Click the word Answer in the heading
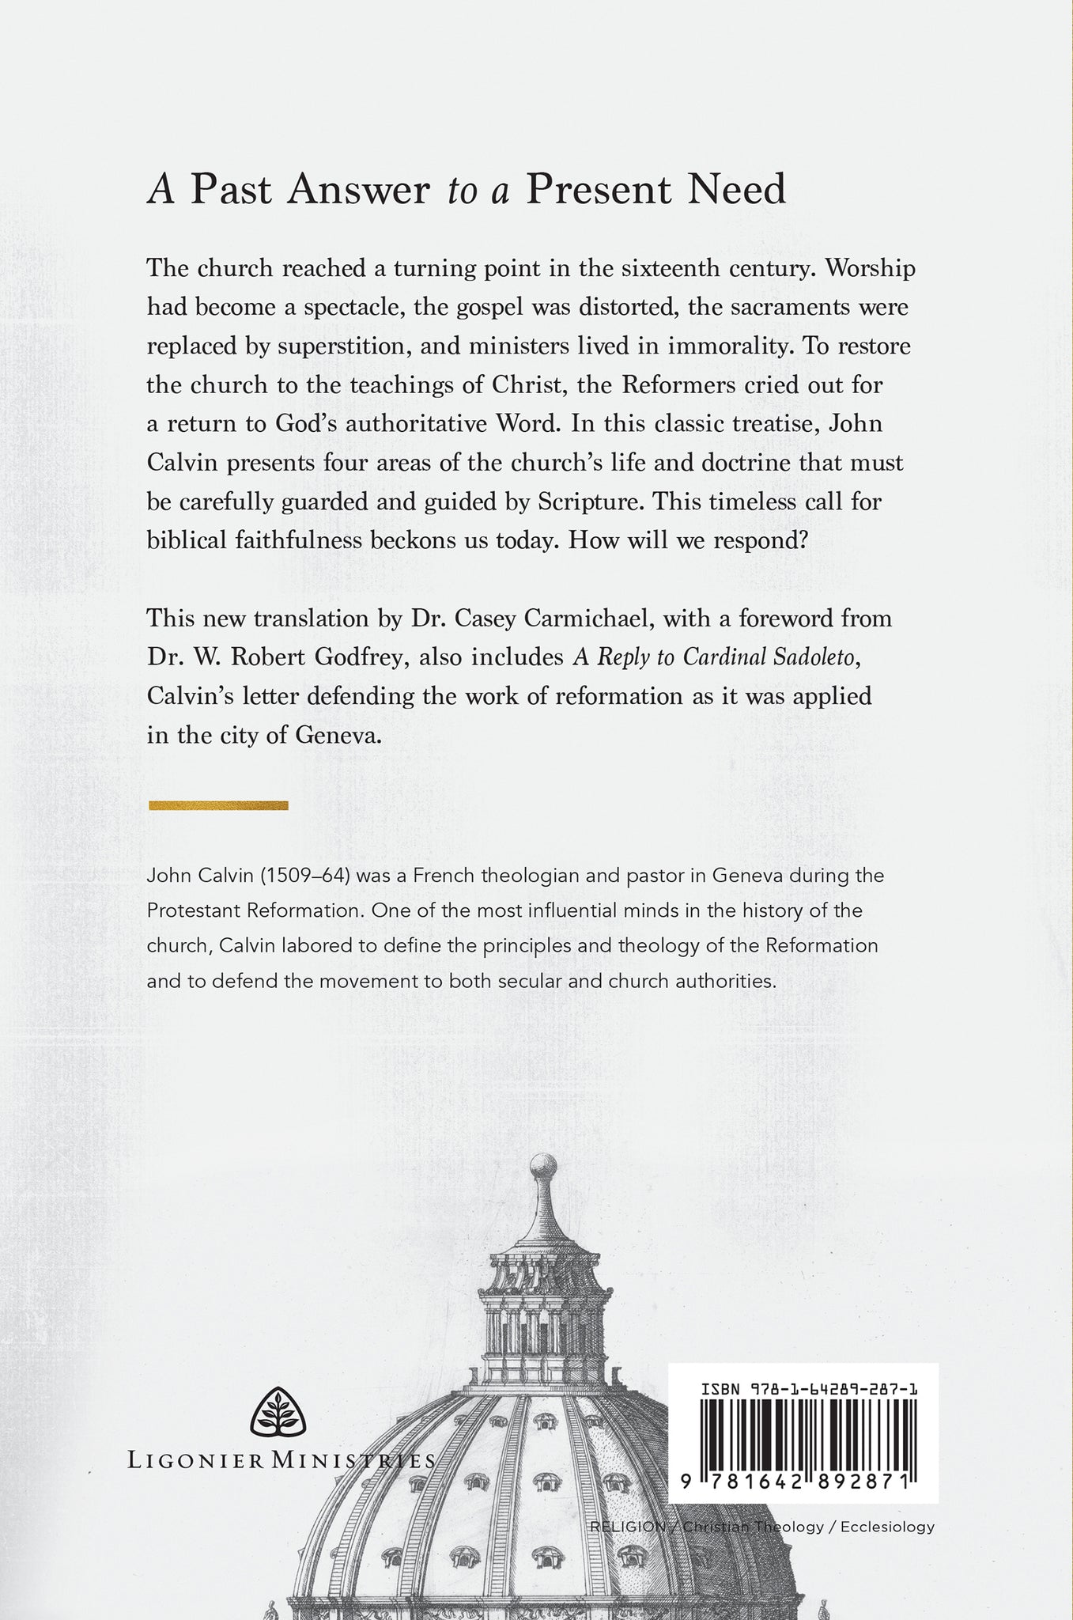click(358, 190)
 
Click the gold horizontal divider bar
click(218, 805)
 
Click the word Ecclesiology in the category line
click(887, 1527)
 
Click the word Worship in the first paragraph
click(870, 269)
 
